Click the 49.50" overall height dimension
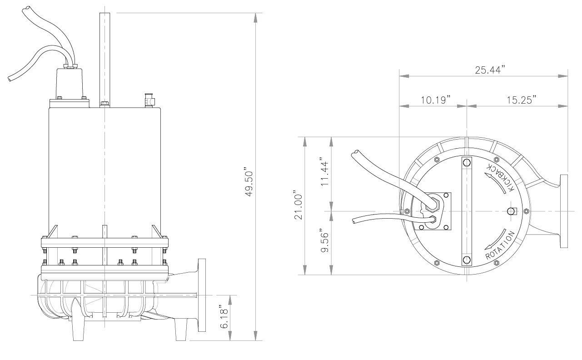tap(249, 184)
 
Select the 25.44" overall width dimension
tap(490, 70)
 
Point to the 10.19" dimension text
tap(435, 100)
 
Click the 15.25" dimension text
tap(522, 100)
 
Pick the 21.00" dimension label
tap(298, 207)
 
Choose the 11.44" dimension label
tap(325, 172)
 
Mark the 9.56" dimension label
tap(325, 241)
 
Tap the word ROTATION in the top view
tap(500, 245)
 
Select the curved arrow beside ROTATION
tap(496, 240)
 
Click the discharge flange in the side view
tap(202, 295)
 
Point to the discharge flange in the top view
tap(564, 211)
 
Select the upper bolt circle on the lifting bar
tap(467, 163)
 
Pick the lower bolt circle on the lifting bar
tap(467, 260)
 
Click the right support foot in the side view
tap(181, 330)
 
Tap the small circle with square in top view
tap(512, 211)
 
